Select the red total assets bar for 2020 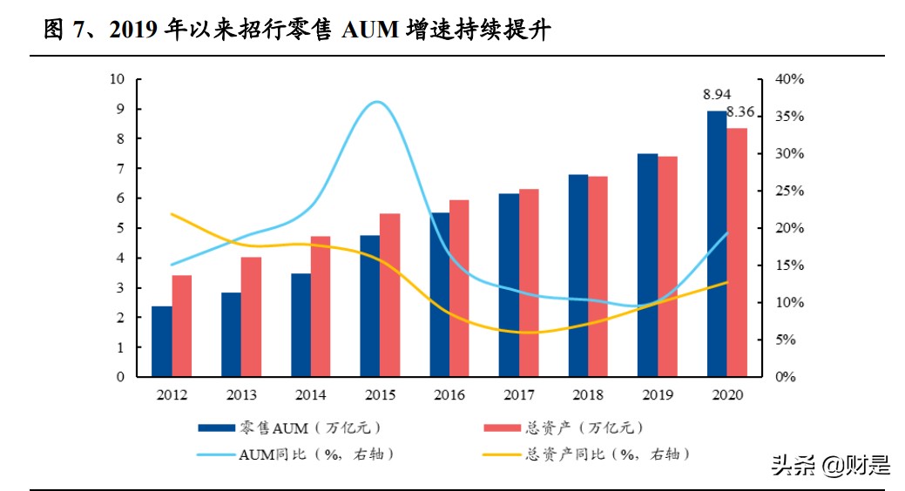pos(737,252)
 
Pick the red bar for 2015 pos(389,295)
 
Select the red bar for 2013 pos(251,317)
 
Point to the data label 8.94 pos(717,94)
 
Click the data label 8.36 pos(740,112)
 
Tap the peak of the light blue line pos(375,102)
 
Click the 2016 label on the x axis pos(449,395)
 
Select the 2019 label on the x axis pos(658,395)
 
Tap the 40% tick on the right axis pos(790,79)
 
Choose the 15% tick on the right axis pos(790,266)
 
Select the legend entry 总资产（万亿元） pos(584,427)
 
